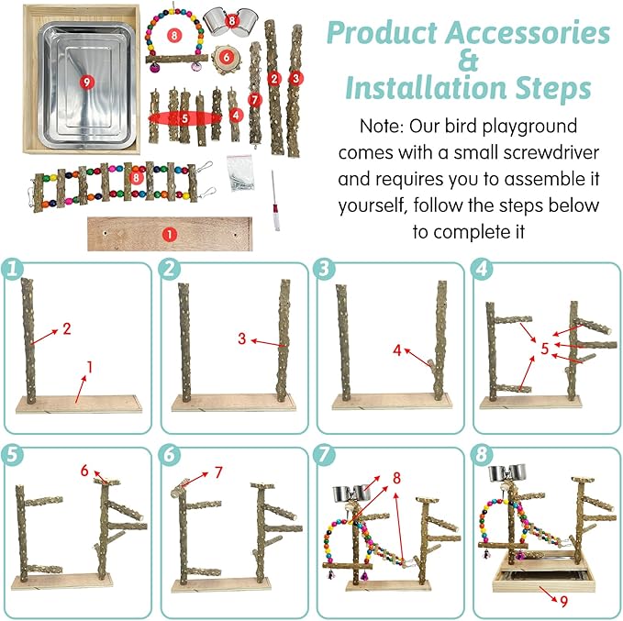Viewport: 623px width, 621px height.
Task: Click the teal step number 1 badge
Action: coord(12,269)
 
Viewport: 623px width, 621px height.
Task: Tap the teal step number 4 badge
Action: coord(481,269)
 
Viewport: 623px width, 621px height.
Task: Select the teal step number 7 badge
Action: coord(325,454)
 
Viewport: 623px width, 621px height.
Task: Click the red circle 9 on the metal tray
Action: coord(86,83)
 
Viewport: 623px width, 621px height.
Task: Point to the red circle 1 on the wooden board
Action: coord(169,235)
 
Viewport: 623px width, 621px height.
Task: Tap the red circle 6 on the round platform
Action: coord(226,58)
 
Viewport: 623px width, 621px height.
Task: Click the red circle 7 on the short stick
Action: coord(255,100)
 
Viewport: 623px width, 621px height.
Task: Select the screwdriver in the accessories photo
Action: coord(274,201)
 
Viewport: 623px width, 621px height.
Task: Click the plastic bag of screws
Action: coord(239,173)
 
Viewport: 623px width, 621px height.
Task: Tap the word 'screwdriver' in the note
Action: coord(551,152)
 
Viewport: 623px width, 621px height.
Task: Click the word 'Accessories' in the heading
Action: coord(528,33)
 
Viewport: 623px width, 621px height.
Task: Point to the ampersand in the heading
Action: coord(468,61)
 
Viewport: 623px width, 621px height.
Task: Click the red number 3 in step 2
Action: coord(241,338)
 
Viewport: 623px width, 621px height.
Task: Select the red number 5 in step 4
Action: coord(545,349)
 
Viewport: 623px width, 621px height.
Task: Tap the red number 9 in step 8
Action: coord(563,602)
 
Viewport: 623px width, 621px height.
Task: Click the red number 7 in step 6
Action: coord(218,472)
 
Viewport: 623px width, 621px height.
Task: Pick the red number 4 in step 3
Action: coord(397,350)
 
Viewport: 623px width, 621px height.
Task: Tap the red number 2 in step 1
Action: coord(67,328)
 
